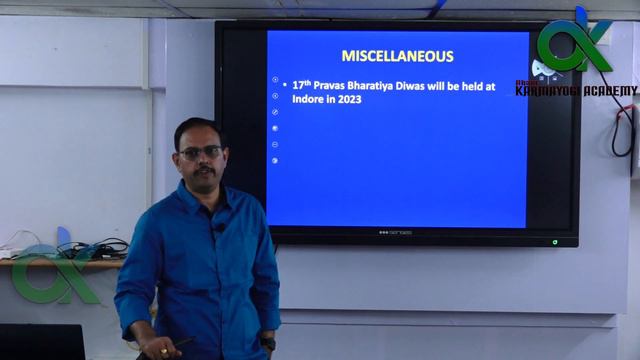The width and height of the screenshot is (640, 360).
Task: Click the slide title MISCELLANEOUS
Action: (397, 56)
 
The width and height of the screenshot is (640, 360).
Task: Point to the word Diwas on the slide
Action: (434, 88)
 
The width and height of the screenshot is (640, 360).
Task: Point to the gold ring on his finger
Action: (164, 351)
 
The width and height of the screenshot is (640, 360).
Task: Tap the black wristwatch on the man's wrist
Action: (268, 343)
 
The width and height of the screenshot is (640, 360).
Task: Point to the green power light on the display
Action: (555, 241)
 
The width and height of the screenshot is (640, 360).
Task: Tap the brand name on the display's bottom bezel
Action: (395, 232)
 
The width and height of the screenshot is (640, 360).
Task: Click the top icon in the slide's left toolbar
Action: (275, 78)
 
